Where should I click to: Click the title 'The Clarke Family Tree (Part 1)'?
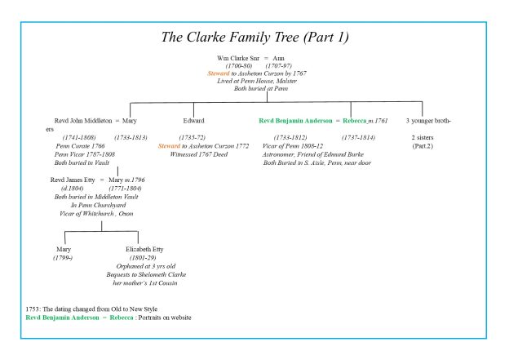point(254,38)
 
